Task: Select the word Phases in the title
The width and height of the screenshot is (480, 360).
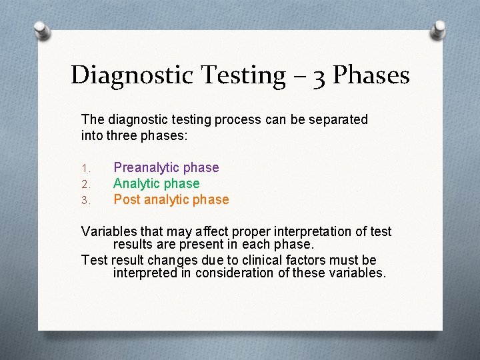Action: tap(371, 75)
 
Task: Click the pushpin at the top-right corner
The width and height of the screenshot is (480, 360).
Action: tap(439, 29)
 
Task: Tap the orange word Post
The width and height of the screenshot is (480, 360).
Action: tap(127, 199)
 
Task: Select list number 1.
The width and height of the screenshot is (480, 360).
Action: tap(85, 168)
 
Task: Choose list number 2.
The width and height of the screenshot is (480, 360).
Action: tap(85, 184)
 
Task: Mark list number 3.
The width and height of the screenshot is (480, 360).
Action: tap(85, 200)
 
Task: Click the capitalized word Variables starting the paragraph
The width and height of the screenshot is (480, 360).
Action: tap(108, 231)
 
